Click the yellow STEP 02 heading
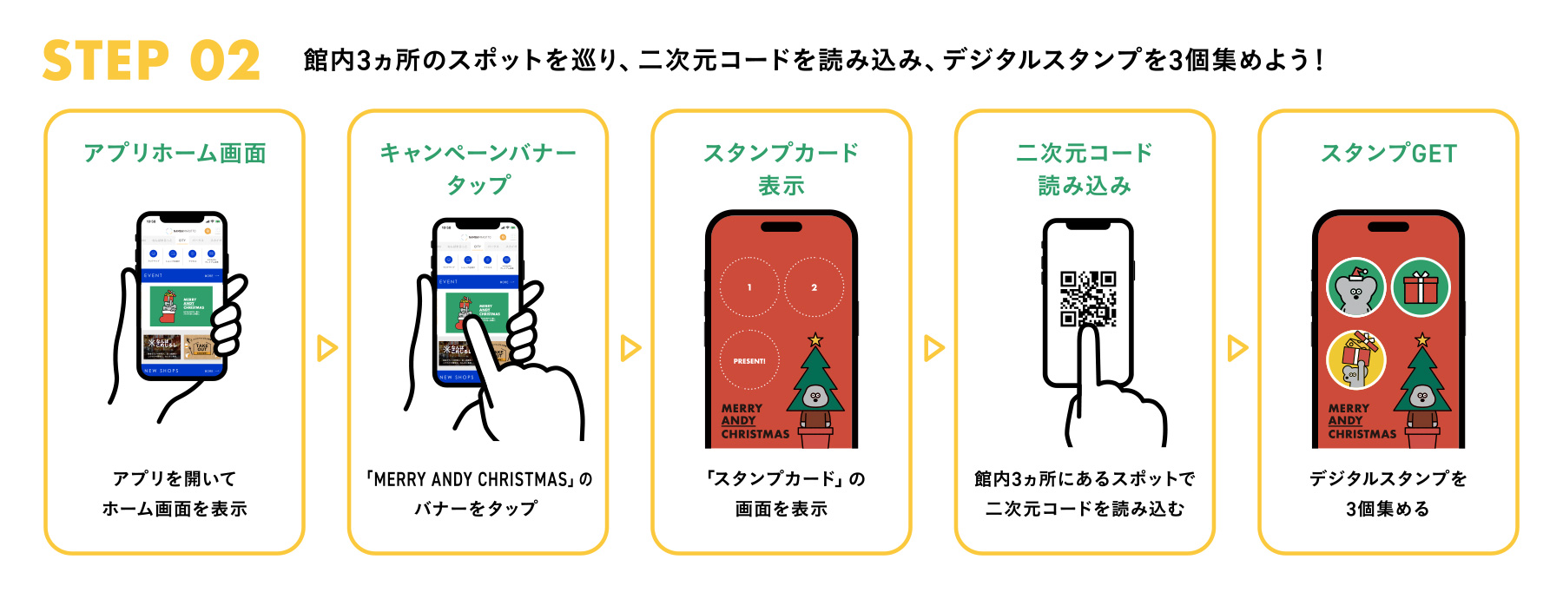(x=151, y=61)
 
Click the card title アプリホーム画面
(x=175, y=154)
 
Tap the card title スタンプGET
(x=1388, y=154)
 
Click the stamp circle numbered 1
(x=749, y=287)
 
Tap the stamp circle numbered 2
(x=814, y=287)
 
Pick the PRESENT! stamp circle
(x=749, y=360)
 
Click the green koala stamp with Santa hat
(x=1355, y=287)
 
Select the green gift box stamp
(x=1421, y=287)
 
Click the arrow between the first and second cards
(x=326, y=348)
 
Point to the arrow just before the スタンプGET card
(x=1237, y=348)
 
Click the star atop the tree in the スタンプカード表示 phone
(x=814, y=339)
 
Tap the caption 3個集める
(x=1388, y=509)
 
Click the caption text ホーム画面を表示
(x=175, y=509)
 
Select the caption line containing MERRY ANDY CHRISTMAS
(x=478, y=479)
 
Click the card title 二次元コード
(x=1084, y=154)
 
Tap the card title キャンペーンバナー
(x=478, y=154)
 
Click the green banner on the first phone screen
(x=181, y=306)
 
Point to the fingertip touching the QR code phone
(x=1088, y=334)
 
